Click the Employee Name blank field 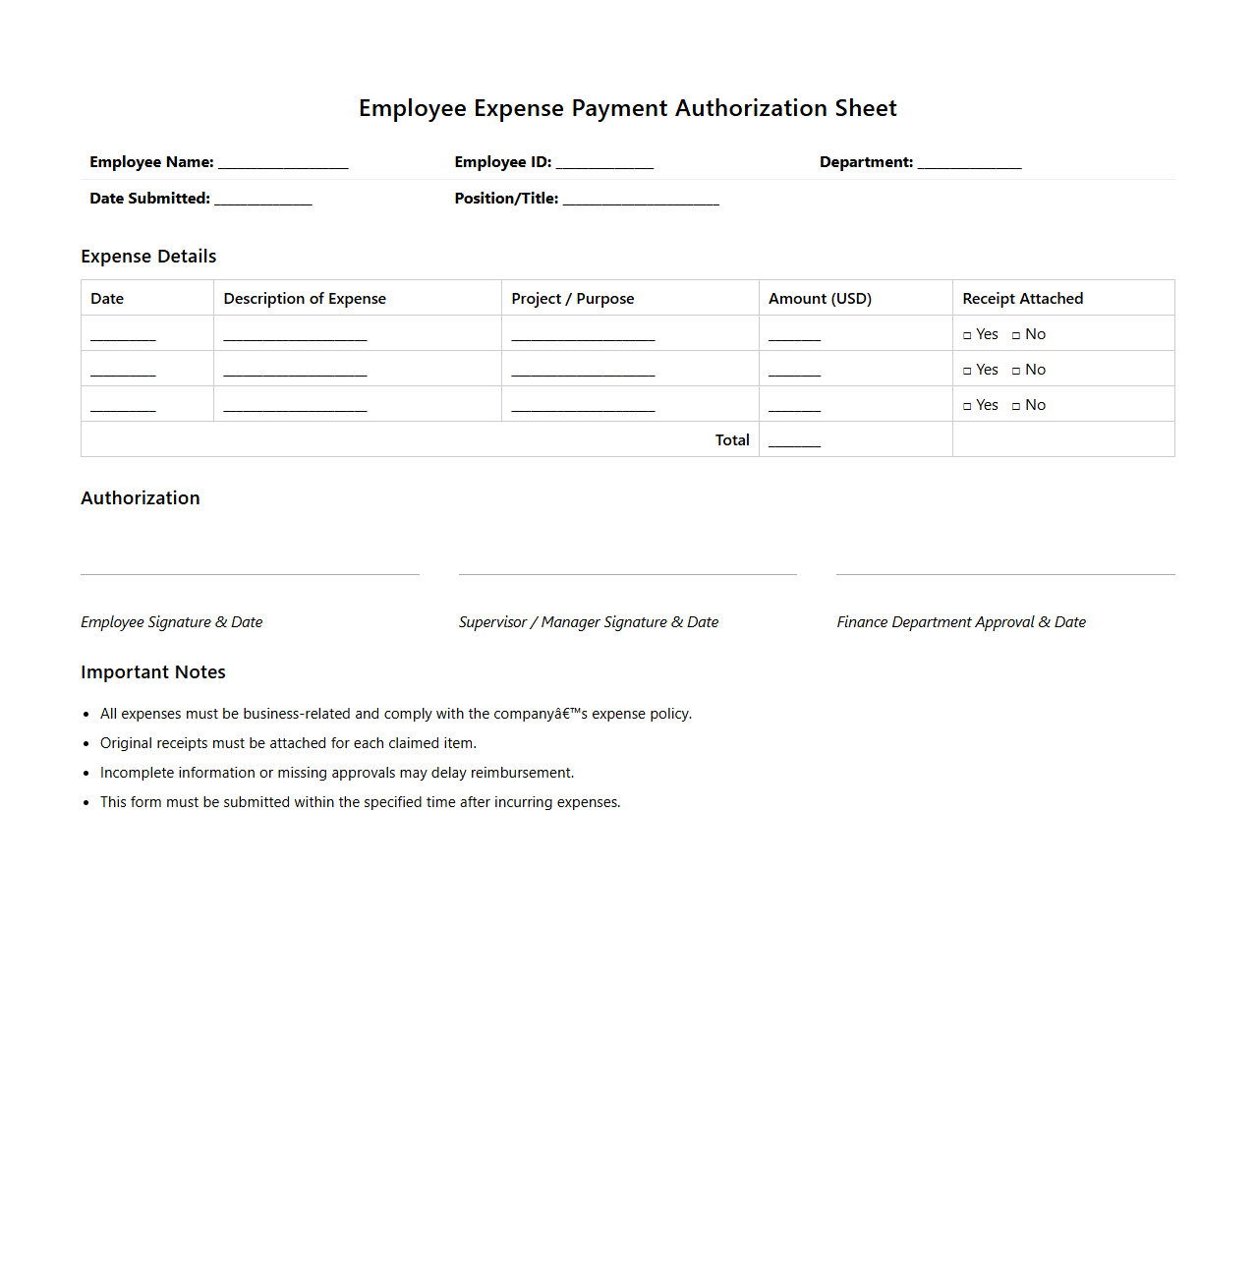coord(283,164)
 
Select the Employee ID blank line coord(604,164)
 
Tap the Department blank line coord(969,164)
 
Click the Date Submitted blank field coord(263,201)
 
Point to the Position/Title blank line coord(641,201)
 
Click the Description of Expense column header coord(305,299)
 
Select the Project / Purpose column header coord(572,299)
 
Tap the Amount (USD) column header coord(820,299)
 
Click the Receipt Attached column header coord(1022,299)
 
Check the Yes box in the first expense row coord(967,336)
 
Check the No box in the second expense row coord(1016,372)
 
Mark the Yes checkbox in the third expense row coord(967,407)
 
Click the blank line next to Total coord(794,442)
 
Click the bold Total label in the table coord(732,440)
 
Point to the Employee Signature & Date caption coord(172,622)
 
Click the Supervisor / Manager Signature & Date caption coord(588,622)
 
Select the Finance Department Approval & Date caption coord(961,622)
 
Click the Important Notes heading coord(153,672)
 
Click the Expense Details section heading coord(148,257)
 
